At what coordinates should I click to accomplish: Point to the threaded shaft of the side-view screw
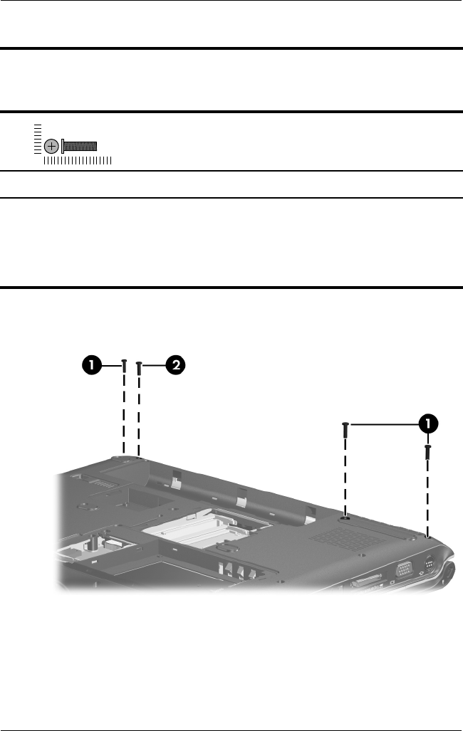80,145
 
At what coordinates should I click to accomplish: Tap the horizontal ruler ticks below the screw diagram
77,162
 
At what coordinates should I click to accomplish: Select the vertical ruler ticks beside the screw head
37,137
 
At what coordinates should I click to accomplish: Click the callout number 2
175,365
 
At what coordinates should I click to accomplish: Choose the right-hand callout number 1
428,424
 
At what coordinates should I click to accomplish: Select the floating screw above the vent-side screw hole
345,429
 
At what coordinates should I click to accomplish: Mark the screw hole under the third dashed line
345,518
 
